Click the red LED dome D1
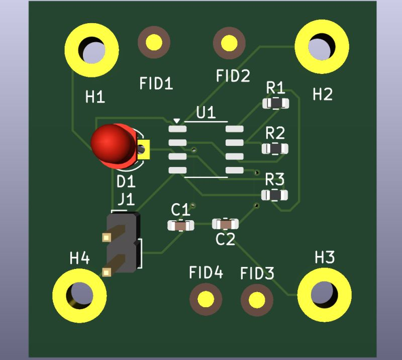coord(112,143)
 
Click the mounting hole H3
coord(324,295)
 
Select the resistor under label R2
coord(274,149)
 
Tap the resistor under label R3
coord(274,195)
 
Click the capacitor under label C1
coord(180,226)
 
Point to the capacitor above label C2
coord(225,223)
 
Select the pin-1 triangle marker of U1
coord(176,121)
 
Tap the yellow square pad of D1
coord(144,149)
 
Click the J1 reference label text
coord(126,200)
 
